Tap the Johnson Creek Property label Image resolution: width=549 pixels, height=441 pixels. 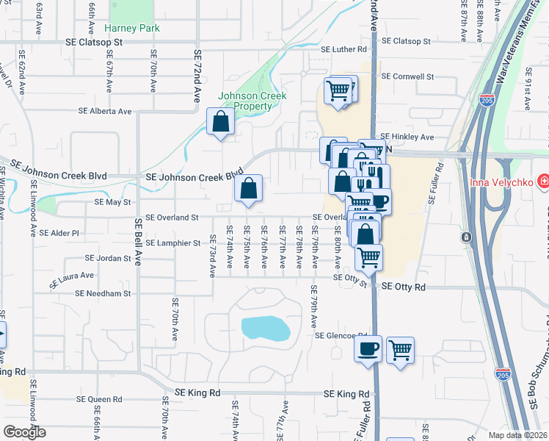tap(252, 101)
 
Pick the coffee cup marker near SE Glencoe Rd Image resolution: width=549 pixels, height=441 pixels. tap(368, 348)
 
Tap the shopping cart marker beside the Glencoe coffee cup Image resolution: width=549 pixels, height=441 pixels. tap(400, 350)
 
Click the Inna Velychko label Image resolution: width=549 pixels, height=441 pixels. tap(501, 181)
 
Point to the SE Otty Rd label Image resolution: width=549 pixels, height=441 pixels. tap(400, 287)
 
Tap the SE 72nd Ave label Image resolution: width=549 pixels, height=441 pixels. tap(197, 76)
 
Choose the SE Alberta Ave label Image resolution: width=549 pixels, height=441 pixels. tap(105, 112)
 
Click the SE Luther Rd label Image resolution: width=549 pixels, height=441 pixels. tap(343, 50)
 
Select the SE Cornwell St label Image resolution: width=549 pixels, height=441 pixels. tap(408, 76)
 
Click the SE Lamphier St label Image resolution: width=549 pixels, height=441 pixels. tap(172, 243)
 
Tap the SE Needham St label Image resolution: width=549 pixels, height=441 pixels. tap(103, 293)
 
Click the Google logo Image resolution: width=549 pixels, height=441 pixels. tap(24, 432)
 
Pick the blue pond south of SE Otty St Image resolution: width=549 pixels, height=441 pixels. tap(264, 328)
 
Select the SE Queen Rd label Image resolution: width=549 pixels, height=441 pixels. tap(99, 399)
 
